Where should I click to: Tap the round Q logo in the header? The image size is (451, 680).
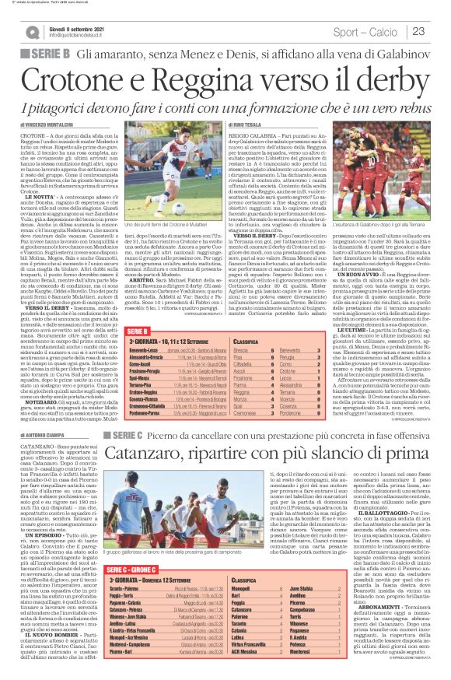coord(32,32)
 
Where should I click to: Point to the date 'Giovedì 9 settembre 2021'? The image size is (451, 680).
coord(77,26)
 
